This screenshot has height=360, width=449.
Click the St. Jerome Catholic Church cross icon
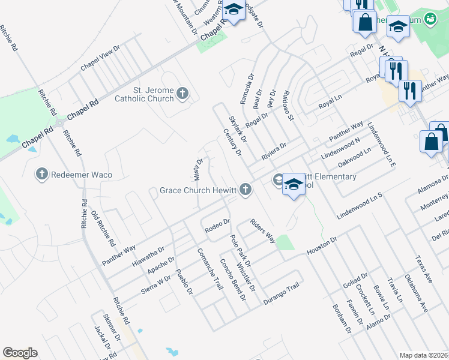182,94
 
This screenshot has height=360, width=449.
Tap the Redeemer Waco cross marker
42,175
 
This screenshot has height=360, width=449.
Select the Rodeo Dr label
217,226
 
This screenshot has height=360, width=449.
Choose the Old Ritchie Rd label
103,229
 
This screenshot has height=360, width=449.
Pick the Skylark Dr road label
238,130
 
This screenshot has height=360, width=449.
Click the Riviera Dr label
274,151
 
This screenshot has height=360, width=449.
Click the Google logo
20,353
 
